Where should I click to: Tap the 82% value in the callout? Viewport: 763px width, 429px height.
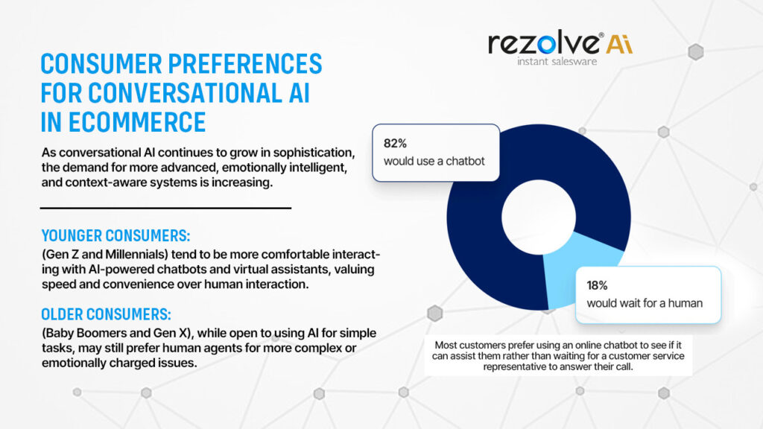coord(395,144)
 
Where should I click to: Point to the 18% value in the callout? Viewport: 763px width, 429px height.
coord(597,285)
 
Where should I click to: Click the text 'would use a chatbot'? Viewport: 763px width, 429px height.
coord(434,161)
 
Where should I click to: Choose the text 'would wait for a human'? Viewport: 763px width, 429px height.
coord(645,303)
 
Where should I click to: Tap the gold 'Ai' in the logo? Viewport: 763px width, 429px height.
coord(619,44)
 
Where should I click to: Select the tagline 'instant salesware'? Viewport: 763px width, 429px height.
coord(557,61)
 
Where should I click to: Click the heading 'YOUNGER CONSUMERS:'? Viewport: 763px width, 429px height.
coord(115,236)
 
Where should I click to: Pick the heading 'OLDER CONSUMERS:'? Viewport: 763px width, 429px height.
coord(106,315)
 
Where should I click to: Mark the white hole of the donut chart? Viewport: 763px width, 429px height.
coord(539,217)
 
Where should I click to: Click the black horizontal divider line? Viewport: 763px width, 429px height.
coord(165,209)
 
